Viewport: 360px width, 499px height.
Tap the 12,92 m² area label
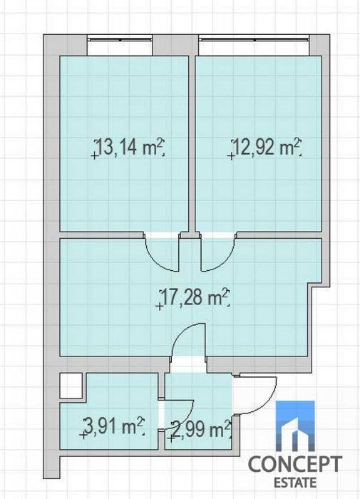pyautogui.click(x=267, y=147)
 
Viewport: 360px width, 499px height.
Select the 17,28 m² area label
pyautogui.click(x=195, y=297)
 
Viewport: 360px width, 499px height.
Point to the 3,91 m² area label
pyautogui.click(x=113, y=426)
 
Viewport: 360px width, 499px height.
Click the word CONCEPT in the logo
pyautogui.click(x=295, y=464)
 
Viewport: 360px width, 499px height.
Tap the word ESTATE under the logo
pyautogui.click(x=295, y=483)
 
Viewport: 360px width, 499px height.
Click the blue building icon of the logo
pyautogui.click(x=295, y=426)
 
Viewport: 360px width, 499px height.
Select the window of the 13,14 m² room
pyautogui.click(x=120, y=40)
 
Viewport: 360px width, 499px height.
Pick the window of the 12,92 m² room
pyautogui.click(x=254, y=40)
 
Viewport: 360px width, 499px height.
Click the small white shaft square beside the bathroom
pyautogui.click(x=71, y=386)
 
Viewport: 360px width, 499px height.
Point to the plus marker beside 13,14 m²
pyautogui.click(x=94, y=155)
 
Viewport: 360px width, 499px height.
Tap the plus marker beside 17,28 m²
pyautogui.click(x=159, y=306)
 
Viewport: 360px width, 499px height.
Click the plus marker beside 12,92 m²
pyautogui.click(x=231, y=156)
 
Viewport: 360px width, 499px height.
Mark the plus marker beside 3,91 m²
pyautogui.click(x=83, y=435)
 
